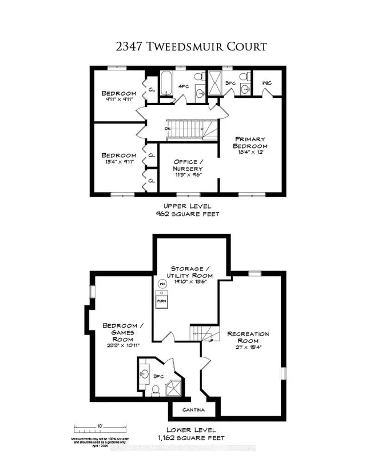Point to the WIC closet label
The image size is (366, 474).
tap(266, 83)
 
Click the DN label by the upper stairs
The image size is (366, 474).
tap(168, 129)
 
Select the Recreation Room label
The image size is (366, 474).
tap(248, 338)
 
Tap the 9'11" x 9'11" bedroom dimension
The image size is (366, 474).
tap(120, 99)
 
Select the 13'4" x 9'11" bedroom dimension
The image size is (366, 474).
tap(120, 162)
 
